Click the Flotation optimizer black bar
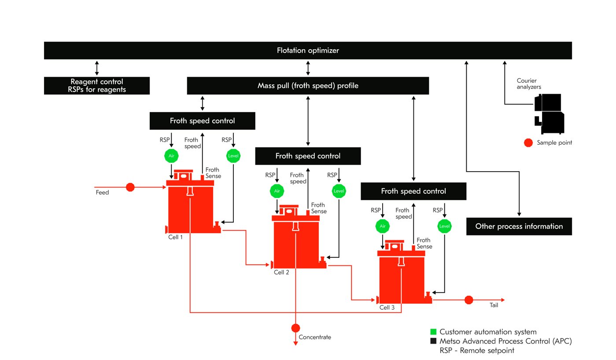[x=308, y=51]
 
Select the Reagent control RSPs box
[x=97, y=86]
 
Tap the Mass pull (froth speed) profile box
[x=308, y=86]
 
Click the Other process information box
[x=519, y=226]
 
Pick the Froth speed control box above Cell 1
[x=202, y=121]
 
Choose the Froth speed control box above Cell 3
[x=413, y=191]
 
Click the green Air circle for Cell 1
[x=171, y=155]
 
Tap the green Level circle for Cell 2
[x=339, y=191]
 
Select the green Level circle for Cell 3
[x=444, y=226]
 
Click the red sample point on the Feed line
[x=130, y=187]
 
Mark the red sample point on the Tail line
[x=468, y=300]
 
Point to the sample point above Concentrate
[x=295, y=328]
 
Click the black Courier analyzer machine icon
[x=549, y=114]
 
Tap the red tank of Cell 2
[x=295, y=244]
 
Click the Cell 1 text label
[x=175, y=237]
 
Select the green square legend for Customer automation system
[x=433, y=332]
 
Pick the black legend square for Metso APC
[x=433, y=341]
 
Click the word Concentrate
[x=315, y=338]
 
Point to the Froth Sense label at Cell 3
[x=424, y=243]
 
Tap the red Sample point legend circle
[x=528, y=143]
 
